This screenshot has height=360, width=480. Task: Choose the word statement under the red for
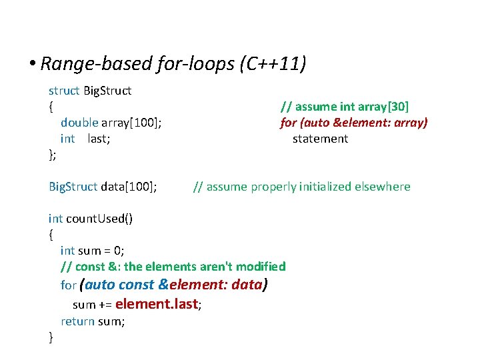point(320,139)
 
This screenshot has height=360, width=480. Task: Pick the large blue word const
point(136,285)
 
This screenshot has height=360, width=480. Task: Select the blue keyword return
point(77,321)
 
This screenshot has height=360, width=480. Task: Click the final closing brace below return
point(51,337)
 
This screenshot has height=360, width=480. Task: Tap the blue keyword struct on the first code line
point(64,91)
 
